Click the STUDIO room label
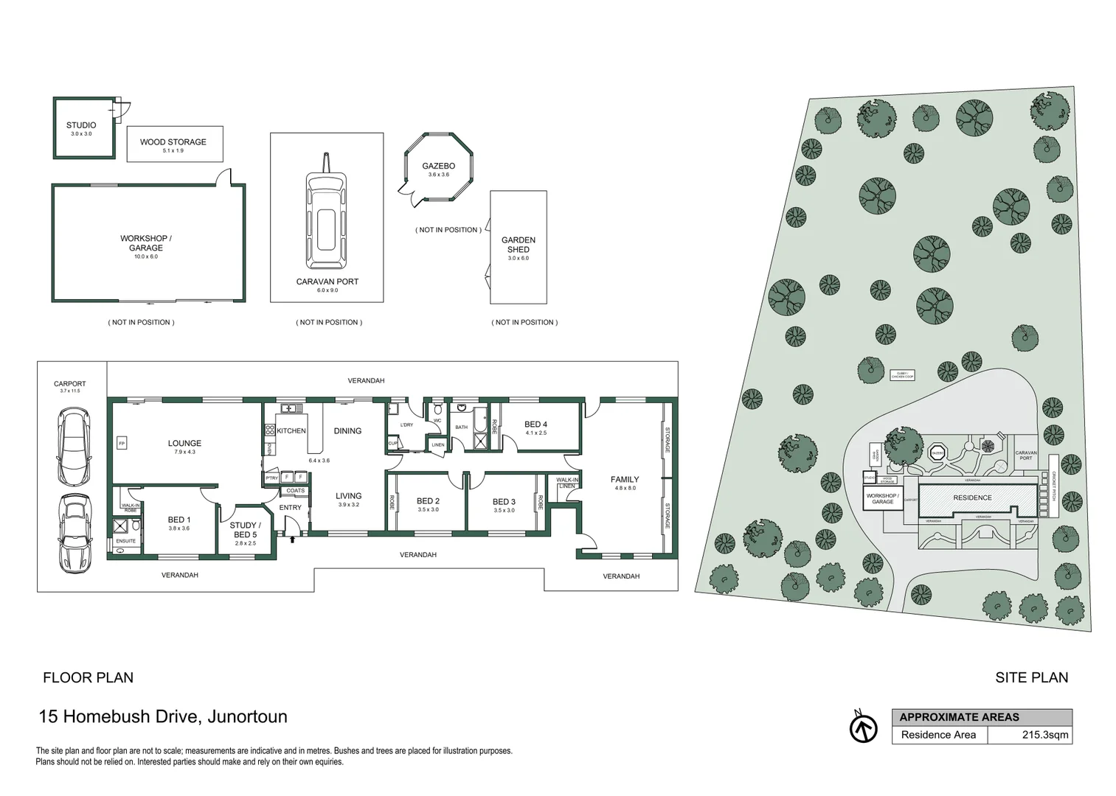[81, 125]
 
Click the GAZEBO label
[438, 167]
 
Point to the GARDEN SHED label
[519, 245]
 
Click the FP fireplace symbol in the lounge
[122, 443]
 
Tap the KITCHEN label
[291, 431]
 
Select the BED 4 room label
[536, 425]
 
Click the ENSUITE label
[125, 541]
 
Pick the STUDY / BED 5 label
[245, 530]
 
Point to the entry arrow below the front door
[294, 540]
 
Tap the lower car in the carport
[74, 532]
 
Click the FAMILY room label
[624, 480]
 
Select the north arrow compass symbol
[863, 728]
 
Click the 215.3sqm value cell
[1044, 735]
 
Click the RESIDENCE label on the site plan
[972, 497]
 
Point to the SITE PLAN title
[1031, 677]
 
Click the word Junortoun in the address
[247, 716]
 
